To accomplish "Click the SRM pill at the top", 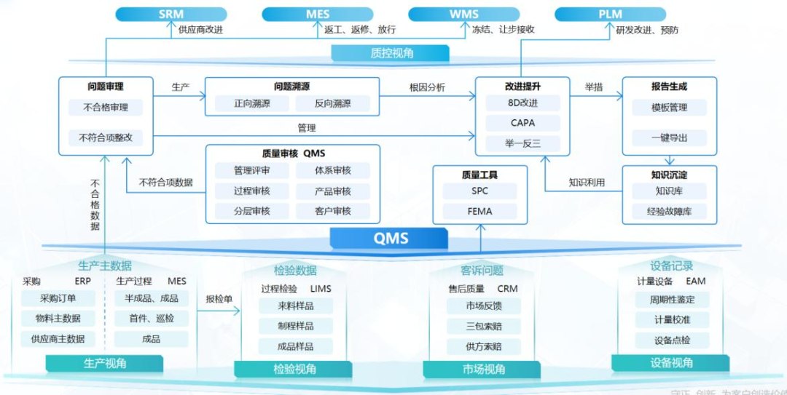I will coord(171,14).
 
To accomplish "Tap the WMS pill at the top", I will coord(463,14).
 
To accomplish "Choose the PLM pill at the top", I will coord(611,14).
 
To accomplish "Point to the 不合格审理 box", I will coord(106,108).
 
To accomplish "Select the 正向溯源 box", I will coord(252,103).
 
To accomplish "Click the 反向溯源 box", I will coord(332,103).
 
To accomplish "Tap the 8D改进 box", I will coord(523,103).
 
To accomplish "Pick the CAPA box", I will coord(523,123).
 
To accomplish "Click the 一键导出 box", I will coord(669,137).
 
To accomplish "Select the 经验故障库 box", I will coord(669,212).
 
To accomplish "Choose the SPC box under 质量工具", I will coord(479,191).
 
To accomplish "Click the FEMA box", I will coord(479,212).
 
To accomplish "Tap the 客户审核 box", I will coord(332,211).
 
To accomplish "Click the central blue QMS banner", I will coord(391,238).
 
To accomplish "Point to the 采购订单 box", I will coord(58,298).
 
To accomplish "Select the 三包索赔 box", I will coord(484,326).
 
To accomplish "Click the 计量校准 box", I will coord(672,319).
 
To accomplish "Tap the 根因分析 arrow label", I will coord(427,88).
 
